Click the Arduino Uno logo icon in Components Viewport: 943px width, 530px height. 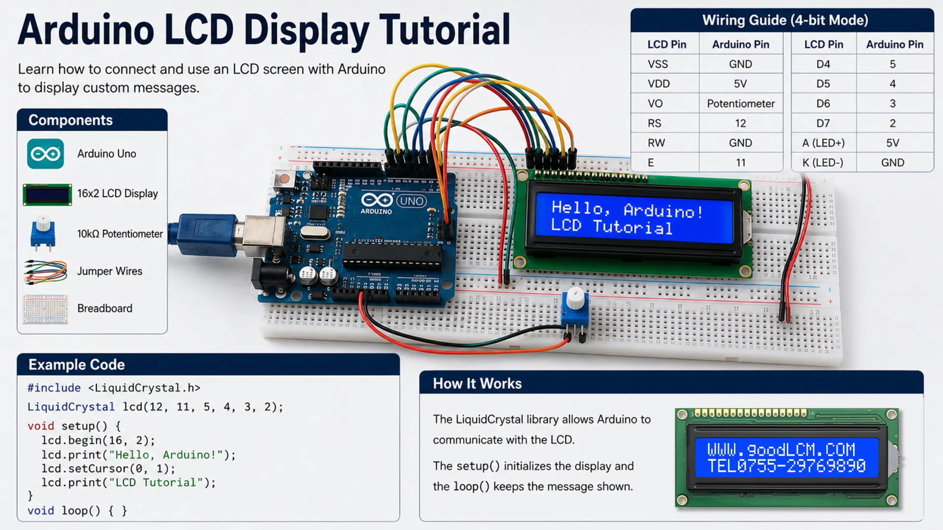click(x=45, y=154)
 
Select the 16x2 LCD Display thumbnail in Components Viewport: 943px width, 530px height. click(x=47, y=194)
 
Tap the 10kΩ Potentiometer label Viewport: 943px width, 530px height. click(x=120, y=234)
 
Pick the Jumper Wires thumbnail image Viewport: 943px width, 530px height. click(x=46, y=271)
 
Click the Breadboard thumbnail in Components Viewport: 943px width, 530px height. click(x=45, y=309)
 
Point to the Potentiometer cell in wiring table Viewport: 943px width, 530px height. click(x=741, y=104)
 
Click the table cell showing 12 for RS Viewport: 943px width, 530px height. click(x=740, y=123)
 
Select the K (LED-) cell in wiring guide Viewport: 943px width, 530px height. click(x=823, y=162)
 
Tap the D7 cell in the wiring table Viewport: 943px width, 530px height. click(x=823, y=123)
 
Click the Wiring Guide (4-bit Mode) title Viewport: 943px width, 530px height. click(x=785, y=20)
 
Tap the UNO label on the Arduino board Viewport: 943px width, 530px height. click(x=412, y=201)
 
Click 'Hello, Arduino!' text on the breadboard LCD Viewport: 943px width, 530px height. click(x=627, y=210)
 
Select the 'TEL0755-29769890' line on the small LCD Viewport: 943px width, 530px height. click(x=786, y=466)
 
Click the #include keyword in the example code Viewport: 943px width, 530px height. click(x=54, y=388)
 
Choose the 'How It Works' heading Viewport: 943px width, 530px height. click(x=477, y=384)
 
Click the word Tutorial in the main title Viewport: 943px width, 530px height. click(x=444, y=30)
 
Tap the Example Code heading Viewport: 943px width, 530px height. click(x=77, y=365)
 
